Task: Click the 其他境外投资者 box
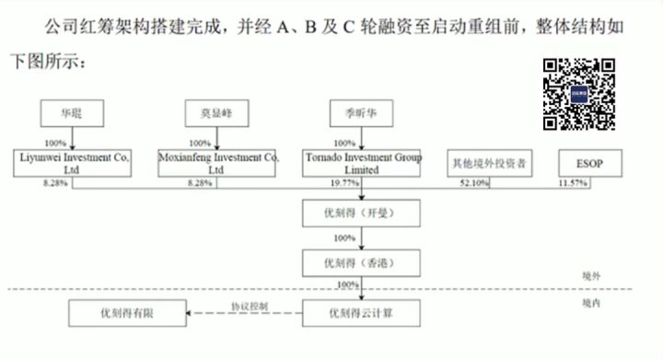[487, 164]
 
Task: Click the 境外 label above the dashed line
[591, 276]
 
